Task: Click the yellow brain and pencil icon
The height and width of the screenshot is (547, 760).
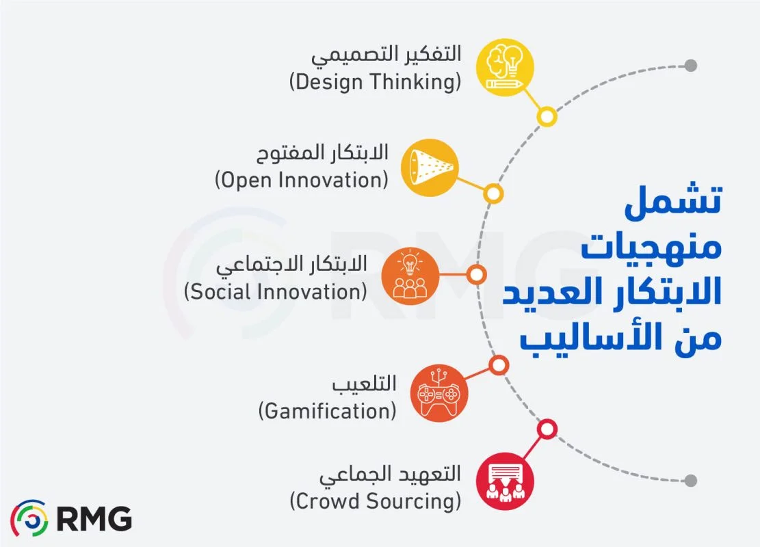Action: (x=505, y=67)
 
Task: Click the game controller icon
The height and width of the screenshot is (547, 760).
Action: (x=439, y=393)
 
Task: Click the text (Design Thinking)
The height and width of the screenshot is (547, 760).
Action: (x=375, y=82)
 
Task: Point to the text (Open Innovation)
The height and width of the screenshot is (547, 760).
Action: (x=302, y=181)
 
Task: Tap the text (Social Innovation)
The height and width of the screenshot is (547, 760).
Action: (x=276, y=291)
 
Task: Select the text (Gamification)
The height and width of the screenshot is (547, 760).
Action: (x=328, y=411)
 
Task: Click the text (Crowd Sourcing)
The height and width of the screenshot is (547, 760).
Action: (x=375, y=501)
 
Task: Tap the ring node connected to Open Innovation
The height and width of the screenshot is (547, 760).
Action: (x=493, y=194)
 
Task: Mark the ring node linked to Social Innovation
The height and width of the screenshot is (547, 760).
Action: (x=477, y=276)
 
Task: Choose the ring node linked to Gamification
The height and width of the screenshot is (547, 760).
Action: (x=499, y=365)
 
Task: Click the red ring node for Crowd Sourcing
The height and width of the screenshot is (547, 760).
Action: (x=546, y=429)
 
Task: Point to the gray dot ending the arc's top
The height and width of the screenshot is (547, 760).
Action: (x=691, y=66)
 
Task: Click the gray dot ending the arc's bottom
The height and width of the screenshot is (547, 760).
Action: (x=691, y=480)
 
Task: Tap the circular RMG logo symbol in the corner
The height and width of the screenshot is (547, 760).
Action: (x=29, y=519)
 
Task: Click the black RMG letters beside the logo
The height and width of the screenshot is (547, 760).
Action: (x=94, y=520)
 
